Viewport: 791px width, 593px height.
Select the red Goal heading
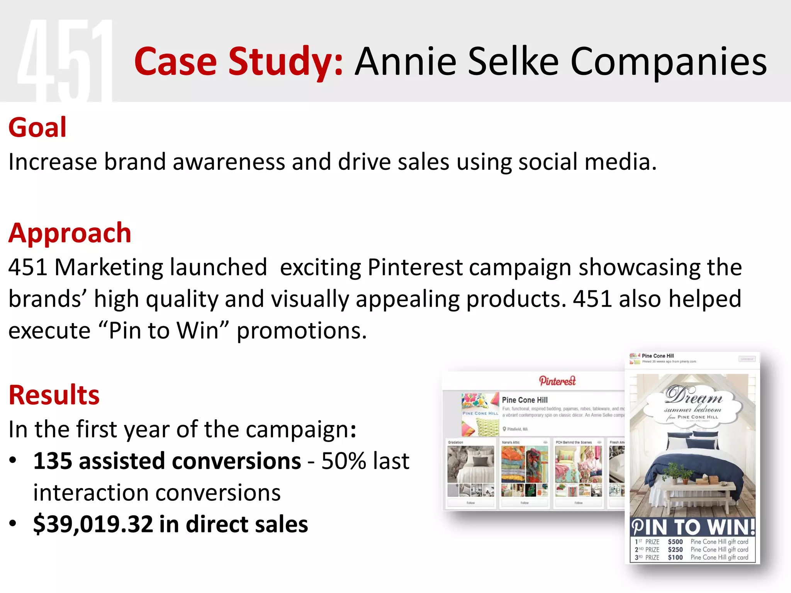click(37, 127)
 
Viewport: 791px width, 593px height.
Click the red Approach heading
click(70, 233)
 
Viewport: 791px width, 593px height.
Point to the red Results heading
click(54, 395)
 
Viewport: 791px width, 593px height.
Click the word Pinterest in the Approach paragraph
click(415, 267)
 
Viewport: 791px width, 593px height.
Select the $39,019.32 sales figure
click(93, 524)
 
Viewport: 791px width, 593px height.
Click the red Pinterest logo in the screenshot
click(557, 381)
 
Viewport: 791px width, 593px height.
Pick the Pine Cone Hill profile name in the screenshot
click(525, 400)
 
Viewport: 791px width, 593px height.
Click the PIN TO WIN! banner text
click(693, 527)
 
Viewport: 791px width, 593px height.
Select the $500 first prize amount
click(676, 542)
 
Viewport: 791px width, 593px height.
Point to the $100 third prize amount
click(676, 557)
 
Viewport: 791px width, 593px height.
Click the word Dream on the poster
click(693, 396)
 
